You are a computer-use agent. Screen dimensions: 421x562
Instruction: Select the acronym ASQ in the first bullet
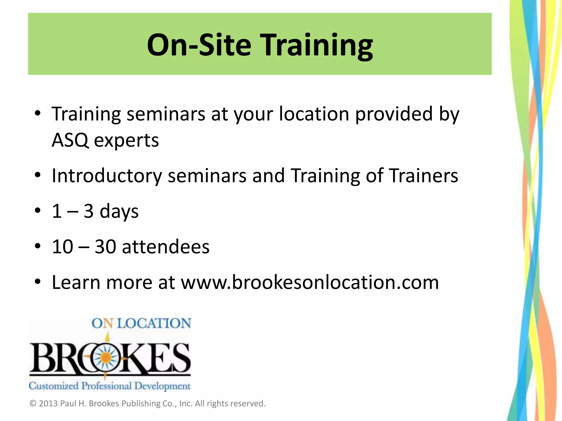coord(70,140)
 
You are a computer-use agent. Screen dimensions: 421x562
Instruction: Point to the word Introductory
coord(107,176)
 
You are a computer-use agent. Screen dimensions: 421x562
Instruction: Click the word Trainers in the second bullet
coord(424,176)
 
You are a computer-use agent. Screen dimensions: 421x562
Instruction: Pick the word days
coord(119,211)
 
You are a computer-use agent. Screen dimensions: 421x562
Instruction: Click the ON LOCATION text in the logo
coord(141,323)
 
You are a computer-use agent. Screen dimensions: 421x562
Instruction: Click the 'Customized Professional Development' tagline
coord(109,386)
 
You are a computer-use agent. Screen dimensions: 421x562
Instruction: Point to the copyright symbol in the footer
coord(33,403)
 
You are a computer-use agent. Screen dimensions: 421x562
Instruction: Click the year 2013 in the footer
coord(48,403)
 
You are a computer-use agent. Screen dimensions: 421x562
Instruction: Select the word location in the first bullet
coord(314,114)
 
